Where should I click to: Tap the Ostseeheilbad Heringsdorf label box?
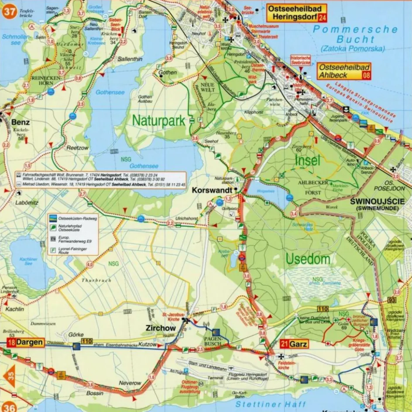pos(296,13)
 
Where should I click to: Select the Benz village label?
pos(21,122)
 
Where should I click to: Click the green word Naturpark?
pos(159,120)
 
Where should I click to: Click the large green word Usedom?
pos(308,259)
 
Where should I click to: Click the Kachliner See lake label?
pos(29,262)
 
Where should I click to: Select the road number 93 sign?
pos(391,300)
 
